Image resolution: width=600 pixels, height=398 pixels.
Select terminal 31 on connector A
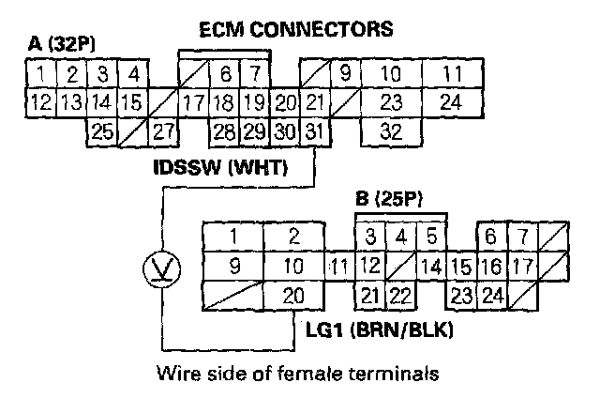(317, 130)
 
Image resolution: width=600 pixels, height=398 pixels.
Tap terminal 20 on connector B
(292, 297)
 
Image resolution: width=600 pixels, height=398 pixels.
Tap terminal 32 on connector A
(392, 130)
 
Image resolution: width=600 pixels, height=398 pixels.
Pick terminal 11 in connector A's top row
(453, 73)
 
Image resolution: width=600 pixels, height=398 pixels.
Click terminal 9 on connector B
(233, 266)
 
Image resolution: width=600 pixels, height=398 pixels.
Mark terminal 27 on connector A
(163, 130)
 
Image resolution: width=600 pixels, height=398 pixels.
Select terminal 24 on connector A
(453, 101)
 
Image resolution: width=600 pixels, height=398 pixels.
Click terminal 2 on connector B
(292, 236)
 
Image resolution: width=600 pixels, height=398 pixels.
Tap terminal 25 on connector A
(102, 130)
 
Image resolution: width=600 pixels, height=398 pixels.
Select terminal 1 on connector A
(42, 73)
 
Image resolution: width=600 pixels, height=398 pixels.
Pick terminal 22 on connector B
(400, 297)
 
